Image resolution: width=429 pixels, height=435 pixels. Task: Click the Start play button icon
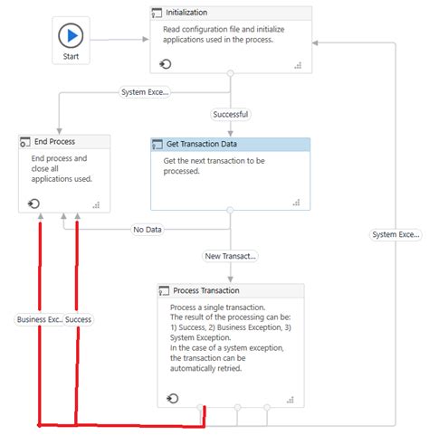click(71, 36)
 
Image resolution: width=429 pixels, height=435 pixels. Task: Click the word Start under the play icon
click(71, 57)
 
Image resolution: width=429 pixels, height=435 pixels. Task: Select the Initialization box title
click(187, 13)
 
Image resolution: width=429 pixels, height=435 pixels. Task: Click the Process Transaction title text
click(206, 290)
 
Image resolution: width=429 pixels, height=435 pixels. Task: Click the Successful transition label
click(230, 115)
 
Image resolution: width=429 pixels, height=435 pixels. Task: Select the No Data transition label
click(148, 230)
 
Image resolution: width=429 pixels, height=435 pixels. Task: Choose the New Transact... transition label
click(230, 256)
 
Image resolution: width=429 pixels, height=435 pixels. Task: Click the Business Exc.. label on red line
click(40, 319)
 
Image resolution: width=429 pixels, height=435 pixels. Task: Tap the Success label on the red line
click(78, 319)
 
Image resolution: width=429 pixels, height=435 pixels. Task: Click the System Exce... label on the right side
click(396, 235)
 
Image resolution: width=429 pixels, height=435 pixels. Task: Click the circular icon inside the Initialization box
click(166, 63)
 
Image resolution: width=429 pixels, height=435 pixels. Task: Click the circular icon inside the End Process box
click(33, 203)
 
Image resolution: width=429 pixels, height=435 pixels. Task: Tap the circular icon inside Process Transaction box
click(173, 398)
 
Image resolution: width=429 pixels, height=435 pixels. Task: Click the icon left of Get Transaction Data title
click(158, 145)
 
